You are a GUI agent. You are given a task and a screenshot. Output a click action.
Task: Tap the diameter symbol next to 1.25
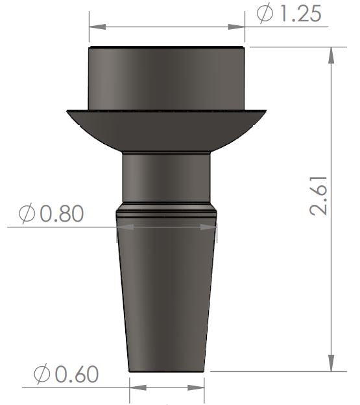(x=265, y=14)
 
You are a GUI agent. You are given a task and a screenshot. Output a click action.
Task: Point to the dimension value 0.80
(x=62, y=213)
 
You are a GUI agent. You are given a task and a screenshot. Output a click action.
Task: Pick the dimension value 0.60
(x=77, y=374)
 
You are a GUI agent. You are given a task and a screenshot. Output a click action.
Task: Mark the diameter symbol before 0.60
(x=43, y=374)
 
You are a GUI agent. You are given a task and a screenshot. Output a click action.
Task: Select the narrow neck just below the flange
(x=167, y=178)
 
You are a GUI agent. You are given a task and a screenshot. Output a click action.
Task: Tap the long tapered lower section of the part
(x=167, y=298)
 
